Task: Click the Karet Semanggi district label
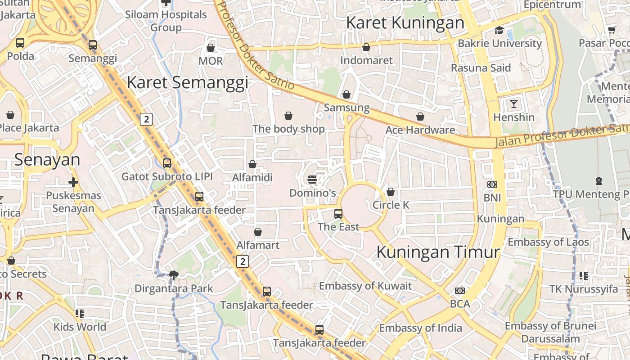(187, 83)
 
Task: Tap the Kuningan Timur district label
(438, 252)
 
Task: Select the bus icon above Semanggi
(92, 45)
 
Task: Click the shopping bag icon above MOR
(210, 48)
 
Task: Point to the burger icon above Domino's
(312, 180)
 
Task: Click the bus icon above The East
(338, 214)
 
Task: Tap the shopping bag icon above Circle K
(391, 192)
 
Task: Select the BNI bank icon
(492, 184)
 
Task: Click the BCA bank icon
(459, 291)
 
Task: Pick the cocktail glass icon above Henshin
(513, 104)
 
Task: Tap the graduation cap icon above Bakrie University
(499, 31)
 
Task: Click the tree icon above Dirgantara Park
(173, 275)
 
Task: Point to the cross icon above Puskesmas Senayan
(73, 182)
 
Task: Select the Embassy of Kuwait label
(365, 286)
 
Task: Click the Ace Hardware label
(420, 130)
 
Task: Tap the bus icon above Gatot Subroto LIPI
(167, 163)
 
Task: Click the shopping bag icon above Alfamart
(258, 232)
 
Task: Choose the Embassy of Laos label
(548, 242)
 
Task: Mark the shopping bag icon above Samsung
(346, 94)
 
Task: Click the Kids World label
(80, 327)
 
